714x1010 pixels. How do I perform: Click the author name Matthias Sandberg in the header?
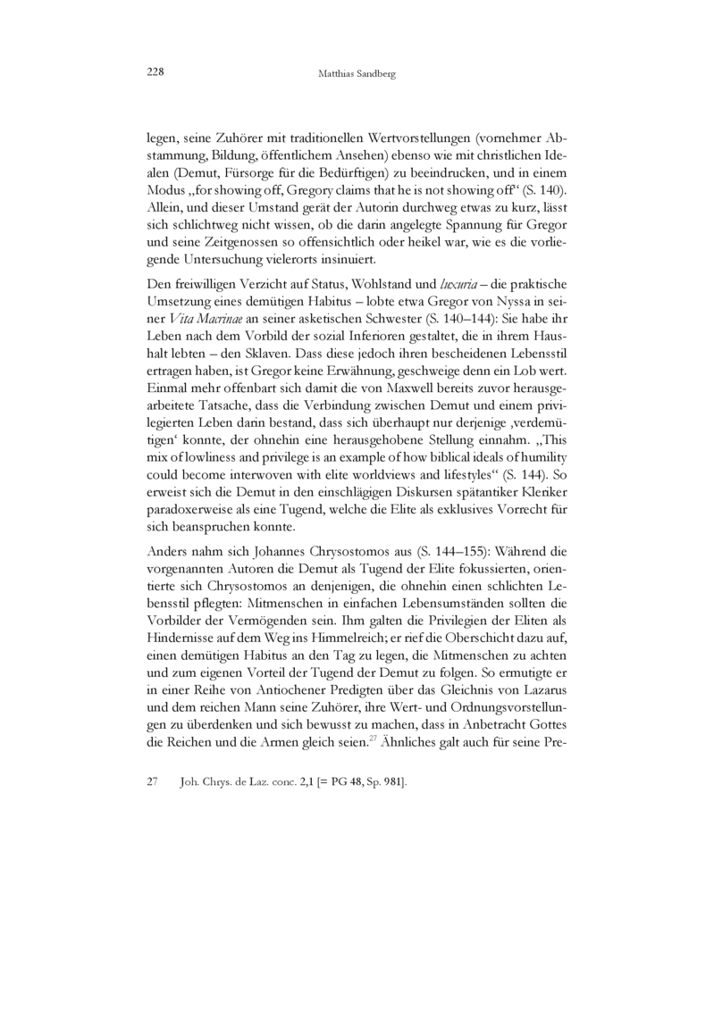357,75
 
